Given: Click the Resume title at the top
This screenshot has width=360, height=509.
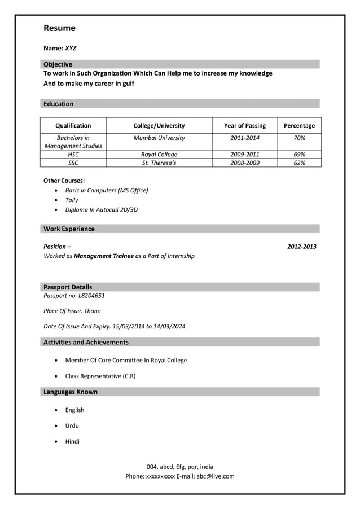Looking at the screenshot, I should coord(59,28).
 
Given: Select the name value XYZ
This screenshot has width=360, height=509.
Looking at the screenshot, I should coord(71,49).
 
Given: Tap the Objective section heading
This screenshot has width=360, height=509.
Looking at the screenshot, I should coord(58,64).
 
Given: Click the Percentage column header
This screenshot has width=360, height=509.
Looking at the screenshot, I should coord(299,125).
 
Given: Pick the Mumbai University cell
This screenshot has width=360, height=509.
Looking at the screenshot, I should coord(159,138).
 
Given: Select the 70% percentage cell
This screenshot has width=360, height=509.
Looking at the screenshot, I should coord(299,138).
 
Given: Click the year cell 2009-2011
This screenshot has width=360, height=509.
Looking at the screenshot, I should coord(244,154).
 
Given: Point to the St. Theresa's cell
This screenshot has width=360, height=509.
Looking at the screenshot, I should coord(159,163).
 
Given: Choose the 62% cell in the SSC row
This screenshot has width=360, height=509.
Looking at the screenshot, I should coord(299,163).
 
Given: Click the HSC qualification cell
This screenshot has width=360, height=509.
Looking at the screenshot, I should coord(73,154).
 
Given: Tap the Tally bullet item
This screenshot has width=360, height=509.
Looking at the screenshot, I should coord(72,200).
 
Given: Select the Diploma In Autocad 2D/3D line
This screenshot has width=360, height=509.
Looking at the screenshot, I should coord(101,209).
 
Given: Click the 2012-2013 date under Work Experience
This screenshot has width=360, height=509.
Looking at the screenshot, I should coord(301,247).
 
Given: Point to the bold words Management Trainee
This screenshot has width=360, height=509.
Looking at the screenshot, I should coord(104,256).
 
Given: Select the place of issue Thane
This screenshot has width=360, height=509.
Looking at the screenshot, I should coord(92,311).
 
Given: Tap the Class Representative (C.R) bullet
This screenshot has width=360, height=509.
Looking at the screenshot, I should coord(100,376).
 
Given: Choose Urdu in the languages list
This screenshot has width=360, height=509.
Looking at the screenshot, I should coord(72,425).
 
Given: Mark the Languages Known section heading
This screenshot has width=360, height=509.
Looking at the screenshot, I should coord(70,392).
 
